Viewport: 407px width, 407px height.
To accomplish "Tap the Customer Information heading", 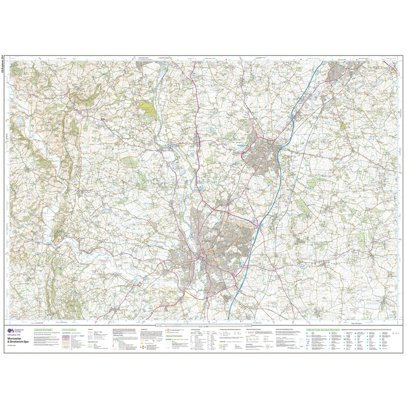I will coord(44,330).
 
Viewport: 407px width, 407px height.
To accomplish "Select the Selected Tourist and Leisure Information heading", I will coord(323,330).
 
